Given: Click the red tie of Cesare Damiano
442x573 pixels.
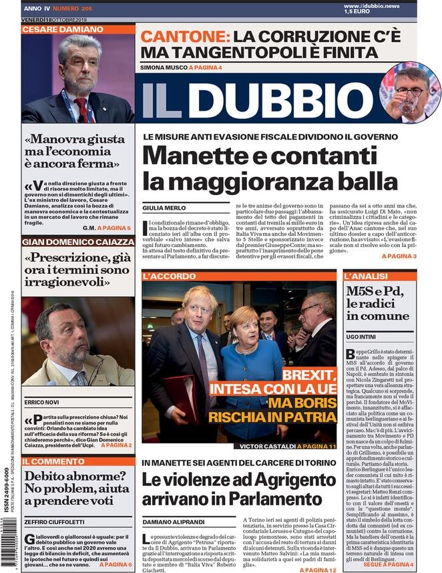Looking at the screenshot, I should [x=81, y=107].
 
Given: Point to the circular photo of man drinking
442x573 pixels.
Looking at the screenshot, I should [x=409, y=92].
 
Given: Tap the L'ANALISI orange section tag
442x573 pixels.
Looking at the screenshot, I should [x=366, y=275].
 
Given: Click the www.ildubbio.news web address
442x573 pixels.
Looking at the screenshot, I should [x=391, y=5].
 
